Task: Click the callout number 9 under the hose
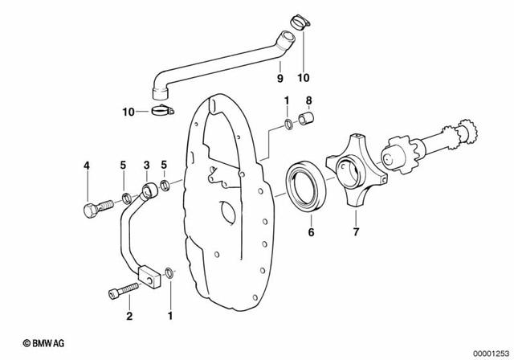coord(279,78)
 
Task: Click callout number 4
coord(87,166)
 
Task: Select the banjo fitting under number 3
coord(149,191)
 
